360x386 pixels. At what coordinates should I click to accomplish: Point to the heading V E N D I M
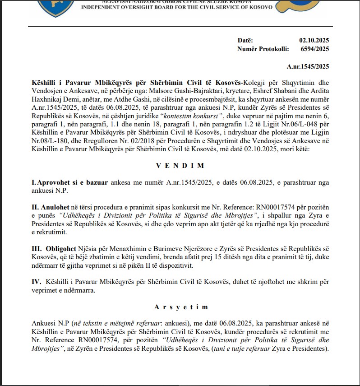pos(180,166)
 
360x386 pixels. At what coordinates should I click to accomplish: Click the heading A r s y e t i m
pos(180,307)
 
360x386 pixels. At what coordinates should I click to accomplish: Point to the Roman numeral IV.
pos(36,282)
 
